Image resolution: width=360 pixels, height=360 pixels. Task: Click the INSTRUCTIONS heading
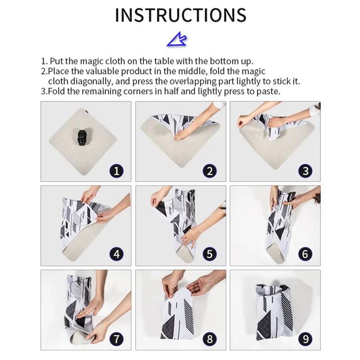pos(180,15)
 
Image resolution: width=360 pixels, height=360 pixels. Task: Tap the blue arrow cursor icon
pos(176,39)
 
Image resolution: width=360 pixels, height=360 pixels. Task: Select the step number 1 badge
pos(117,171)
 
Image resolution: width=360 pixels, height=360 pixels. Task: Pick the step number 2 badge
pos(210,171)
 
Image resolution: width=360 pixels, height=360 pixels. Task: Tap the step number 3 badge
pos(305,171)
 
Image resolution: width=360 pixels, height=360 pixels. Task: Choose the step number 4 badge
pos(117,254)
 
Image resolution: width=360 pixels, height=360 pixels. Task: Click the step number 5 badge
pos(210,254)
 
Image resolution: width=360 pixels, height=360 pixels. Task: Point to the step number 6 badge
pos(305,254)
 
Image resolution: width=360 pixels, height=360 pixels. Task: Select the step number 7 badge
pos(117,339)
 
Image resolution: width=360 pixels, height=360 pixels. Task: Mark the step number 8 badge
pos(210,339)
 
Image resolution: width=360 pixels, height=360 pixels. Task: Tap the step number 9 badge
pos(305,339)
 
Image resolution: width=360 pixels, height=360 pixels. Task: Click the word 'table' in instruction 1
pos(164,61)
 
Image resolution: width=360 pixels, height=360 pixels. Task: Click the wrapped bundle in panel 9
pos(274,313)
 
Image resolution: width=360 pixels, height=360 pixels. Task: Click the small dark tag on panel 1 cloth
pos(85,112)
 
